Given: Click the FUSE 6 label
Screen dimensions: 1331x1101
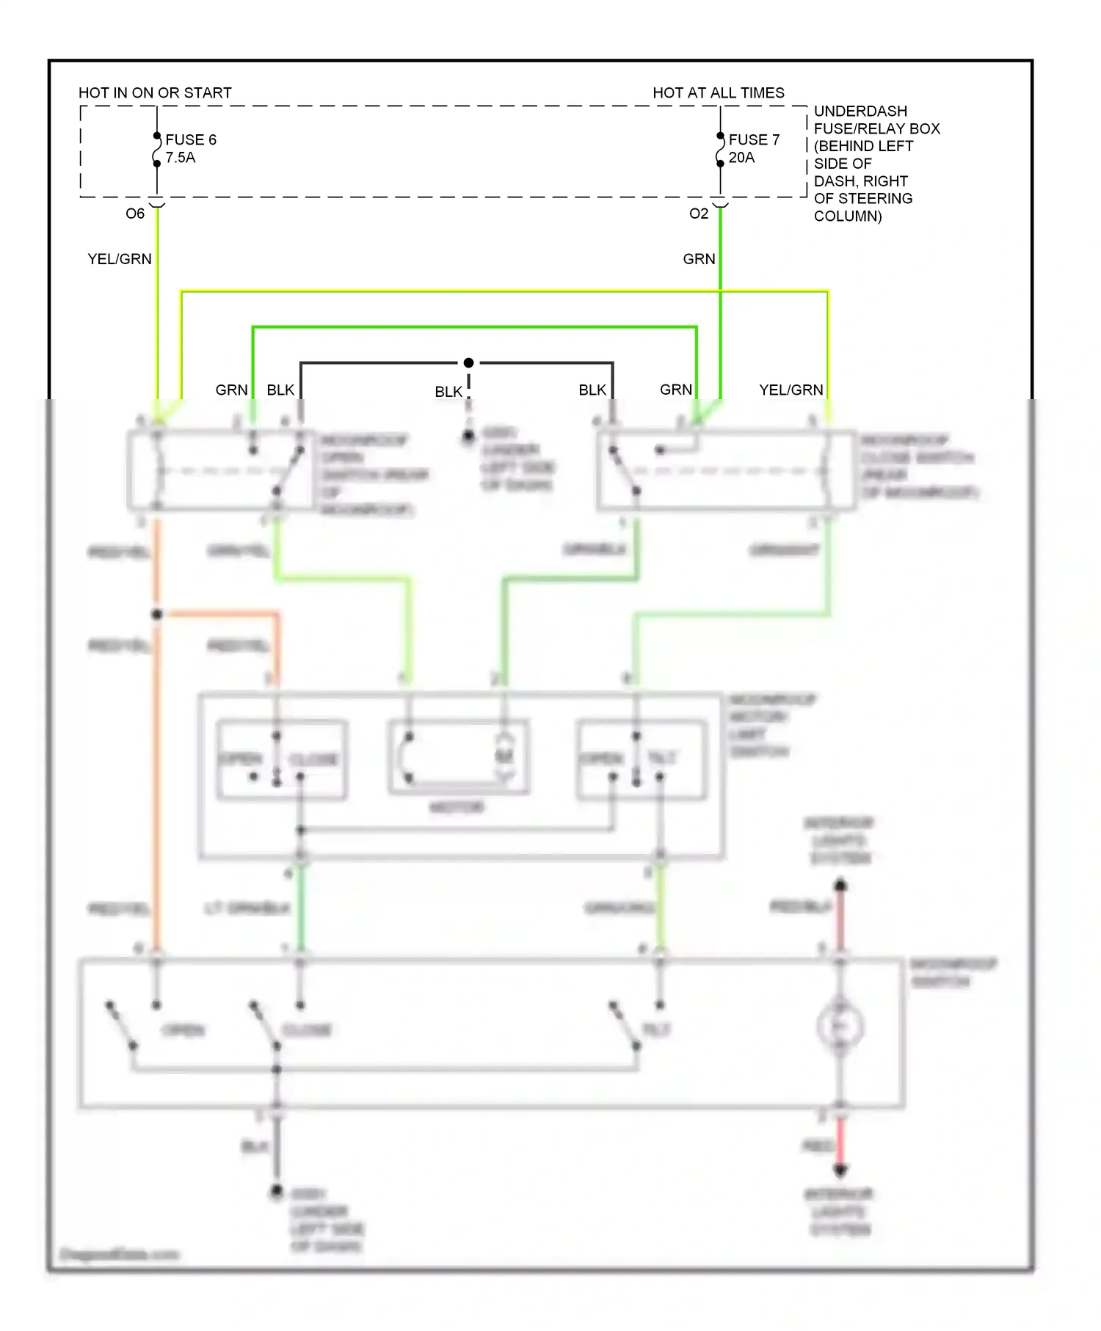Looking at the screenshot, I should click(191, 139).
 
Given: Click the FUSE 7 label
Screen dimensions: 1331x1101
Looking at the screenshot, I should click(754, 139).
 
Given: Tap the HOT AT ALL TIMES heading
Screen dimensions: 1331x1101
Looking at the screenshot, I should click(718, 93).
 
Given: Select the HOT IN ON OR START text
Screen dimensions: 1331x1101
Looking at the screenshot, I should click(155, 93).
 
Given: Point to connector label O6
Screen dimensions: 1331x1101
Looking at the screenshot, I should click(135, 214).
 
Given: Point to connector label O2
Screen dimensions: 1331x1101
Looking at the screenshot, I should click(699, 214).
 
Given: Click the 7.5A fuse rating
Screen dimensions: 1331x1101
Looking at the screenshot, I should click(181, 158).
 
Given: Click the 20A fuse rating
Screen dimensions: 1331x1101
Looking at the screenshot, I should click(741, 158).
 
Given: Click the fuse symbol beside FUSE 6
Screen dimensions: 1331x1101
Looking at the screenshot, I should click(156, 150).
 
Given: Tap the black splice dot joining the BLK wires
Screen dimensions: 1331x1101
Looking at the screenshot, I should click(468, 362).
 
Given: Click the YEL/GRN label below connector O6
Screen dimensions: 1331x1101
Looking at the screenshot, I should click(120, 259).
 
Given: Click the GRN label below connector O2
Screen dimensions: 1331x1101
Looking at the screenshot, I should click(699, 259).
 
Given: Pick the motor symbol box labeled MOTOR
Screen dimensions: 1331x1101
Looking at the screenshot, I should click(458, 758).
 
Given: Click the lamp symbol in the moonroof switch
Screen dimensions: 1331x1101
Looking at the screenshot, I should click(840, 1026).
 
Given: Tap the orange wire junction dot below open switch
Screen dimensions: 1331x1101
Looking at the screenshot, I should click(156, 614).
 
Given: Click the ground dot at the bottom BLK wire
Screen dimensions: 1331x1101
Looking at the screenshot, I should click(276, 1190).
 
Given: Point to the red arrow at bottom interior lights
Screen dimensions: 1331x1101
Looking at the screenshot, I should click(840, 1170).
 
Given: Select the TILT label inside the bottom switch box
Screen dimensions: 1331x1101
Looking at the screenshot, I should click(656, 1029).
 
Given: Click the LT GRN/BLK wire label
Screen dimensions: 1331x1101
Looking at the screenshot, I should click(247, 908).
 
